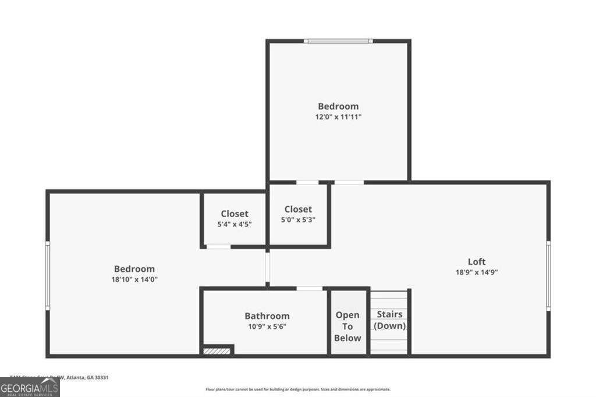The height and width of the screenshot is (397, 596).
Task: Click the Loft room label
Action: [x=476, y=261]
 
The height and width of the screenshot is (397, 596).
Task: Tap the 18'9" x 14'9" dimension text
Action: [x=476, y=272]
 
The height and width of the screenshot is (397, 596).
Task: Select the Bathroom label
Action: [x=267, y=316]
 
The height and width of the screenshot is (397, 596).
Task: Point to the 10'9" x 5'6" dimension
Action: [x=267, y=327]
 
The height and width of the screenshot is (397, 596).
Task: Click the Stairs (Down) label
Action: [x=389, y=320]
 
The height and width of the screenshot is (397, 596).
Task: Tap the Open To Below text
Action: [x=347, y=327]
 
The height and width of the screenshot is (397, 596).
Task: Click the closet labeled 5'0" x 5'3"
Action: [x=298, y=214]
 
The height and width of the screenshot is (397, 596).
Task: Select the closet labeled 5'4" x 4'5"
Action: [x=235, y=219]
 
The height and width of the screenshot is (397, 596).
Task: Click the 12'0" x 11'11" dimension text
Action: [x=338, y=116]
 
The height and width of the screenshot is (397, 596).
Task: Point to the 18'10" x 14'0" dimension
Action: [x=134, y=279]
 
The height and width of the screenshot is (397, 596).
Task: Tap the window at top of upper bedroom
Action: [x=338, y=41]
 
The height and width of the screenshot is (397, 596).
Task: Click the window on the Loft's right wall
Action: [x=548, y=274]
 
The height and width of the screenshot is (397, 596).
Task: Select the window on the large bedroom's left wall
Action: [x=48, y=274]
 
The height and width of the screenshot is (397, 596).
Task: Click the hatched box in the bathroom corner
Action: [x=217, y=350]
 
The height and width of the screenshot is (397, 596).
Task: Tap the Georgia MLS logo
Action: [x=29, y=387]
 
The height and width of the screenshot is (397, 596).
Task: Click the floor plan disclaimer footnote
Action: [x=297, y=389]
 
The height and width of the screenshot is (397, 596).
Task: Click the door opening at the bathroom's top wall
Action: [x=310, y=288]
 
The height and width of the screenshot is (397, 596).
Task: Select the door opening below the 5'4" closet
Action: [x=218, y=247]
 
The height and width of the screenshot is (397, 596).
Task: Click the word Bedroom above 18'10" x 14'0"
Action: [x=134, y=269]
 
